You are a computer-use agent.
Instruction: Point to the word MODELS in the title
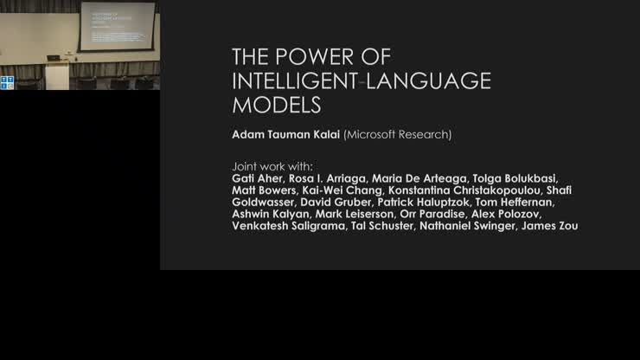click(x=276, y=106)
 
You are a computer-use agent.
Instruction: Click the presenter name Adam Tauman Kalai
click(x=285, y=135)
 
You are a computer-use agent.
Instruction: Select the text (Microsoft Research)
click(x=397, y=135)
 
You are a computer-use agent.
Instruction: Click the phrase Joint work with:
click(x=272, y=165)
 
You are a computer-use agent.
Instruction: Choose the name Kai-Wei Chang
click(x=343, y=190)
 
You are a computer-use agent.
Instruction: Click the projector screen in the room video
click(x=117, y=25)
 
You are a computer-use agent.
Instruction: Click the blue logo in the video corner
click(x=8, y=82)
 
